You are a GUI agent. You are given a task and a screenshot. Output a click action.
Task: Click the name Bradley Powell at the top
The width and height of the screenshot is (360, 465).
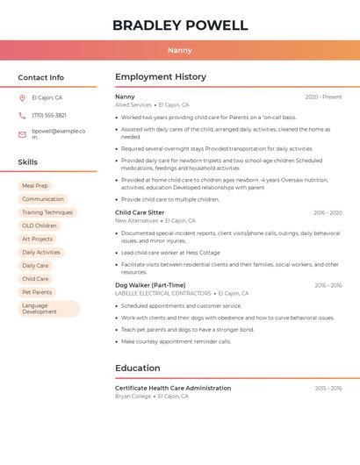pos(179,25)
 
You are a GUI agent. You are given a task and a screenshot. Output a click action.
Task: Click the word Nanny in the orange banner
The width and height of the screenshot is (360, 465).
pos(179,50)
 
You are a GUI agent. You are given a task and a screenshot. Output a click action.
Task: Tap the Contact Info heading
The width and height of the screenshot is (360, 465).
pos(41,77)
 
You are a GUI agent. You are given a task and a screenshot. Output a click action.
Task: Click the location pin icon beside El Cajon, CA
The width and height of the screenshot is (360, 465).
pos(22,97)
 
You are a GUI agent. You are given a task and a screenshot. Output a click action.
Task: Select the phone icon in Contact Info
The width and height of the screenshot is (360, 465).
pos(22,115)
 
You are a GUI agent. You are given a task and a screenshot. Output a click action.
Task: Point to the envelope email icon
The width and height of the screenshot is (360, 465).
pos(22,134)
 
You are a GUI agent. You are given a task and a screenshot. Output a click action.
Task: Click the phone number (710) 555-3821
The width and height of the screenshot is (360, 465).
pos(49,115)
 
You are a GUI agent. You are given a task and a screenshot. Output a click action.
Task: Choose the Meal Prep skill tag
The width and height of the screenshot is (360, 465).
pos(35,186)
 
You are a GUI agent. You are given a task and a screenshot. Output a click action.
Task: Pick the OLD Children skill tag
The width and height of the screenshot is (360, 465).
pos(40,225)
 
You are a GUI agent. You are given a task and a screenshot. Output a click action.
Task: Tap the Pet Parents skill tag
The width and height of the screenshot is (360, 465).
pos(37,292)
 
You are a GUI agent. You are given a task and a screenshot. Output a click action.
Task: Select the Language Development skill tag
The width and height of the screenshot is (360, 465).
pos(48,309)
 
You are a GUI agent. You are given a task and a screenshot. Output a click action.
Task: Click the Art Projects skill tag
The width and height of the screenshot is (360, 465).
pos(37,239)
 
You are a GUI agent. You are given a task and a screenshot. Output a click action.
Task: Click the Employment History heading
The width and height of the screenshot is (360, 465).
pos(161,77)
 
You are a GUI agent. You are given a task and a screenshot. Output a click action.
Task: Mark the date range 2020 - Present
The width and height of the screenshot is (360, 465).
pos(323,97)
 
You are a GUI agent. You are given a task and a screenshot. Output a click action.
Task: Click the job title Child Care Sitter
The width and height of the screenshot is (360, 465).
pos(140,212)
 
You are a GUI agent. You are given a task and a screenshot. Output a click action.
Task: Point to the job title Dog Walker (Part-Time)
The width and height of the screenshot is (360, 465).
pos(150,285)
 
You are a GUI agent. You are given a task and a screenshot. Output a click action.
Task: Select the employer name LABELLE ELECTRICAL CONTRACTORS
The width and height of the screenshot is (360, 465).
pos(163,293)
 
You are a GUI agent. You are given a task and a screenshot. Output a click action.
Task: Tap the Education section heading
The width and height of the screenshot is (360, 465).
pos(138,368)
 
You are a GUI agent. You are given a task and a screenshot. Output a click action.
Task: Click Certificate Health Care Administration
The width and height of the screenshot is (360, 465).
pos(173,388)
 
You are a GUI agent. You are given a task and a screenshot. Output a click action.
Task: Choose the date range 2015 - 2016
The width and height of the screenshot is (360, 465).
pos(328,388)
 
